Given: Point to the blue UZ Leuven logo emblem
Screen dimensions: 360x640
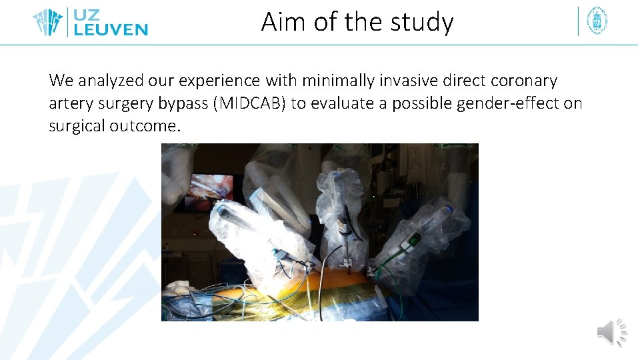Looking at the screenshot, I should [48, 21].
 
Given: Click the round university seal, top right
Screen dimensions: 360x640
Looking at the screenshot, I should [597, 21].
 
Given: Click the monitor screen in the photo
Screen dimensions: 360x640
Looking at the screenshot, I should [211, 189].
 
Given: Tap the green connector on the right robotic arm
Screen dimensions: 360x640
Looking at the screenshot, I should [414, 239].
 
